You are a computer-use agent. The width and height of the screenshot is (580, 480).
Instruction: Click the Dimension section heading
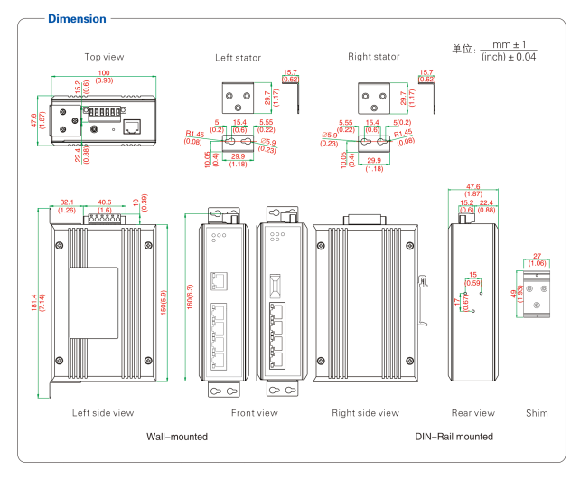[x=77, y=18]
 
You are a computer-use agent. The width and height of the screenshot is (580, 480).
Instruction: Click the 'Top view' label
[x=104, y=57]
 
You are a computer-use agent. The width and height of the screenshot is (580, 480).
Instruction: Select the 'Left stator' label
[x=238, y=58]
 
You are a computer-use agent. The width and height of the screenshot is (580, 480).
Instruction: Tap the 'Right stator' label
[x=373, y=57]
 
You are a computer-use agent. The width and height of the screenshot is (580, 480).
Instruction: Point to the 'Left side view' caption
[x=103, y=413]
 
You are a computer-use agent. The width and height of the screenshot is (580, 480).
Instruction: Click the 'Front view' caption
[x=254, y=413]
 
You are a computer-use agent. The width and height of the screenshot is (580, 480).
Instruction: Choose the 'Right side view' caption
[x=365, y=413]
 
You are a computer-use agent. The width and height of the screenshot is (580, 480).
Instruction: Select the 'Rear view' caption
[x=472, y=413]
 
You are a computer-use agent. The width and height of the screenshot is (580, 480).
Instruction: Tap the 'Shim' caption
[x=537, y=413]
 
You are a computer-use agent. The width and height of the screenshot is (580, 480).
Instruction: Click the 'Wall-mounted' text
[x=177, y=437]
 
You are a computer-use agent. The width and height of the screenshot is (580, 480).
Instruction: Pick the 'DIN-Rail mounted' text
[x=454, y=437]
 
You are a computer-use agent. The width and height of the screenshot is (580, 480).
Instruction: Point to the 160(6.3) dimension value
[x=190, y=298]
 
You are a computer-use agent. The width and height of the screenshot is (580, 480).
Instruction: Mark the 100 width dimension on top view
[x=104, y=72]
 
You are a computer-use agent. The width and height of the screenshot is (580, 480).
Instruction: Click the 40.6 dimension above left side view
[x=104, y=202]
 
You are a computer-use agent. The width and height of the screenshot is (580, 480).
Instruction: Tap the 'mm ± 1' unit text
[x=509, y=43]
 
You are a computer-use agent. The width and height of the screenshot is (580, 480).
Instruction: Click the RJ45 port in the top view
[x=132, y=127]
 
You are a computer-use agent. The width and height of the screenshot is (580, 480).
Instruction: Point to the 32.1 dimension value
[x=67, y=202]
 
